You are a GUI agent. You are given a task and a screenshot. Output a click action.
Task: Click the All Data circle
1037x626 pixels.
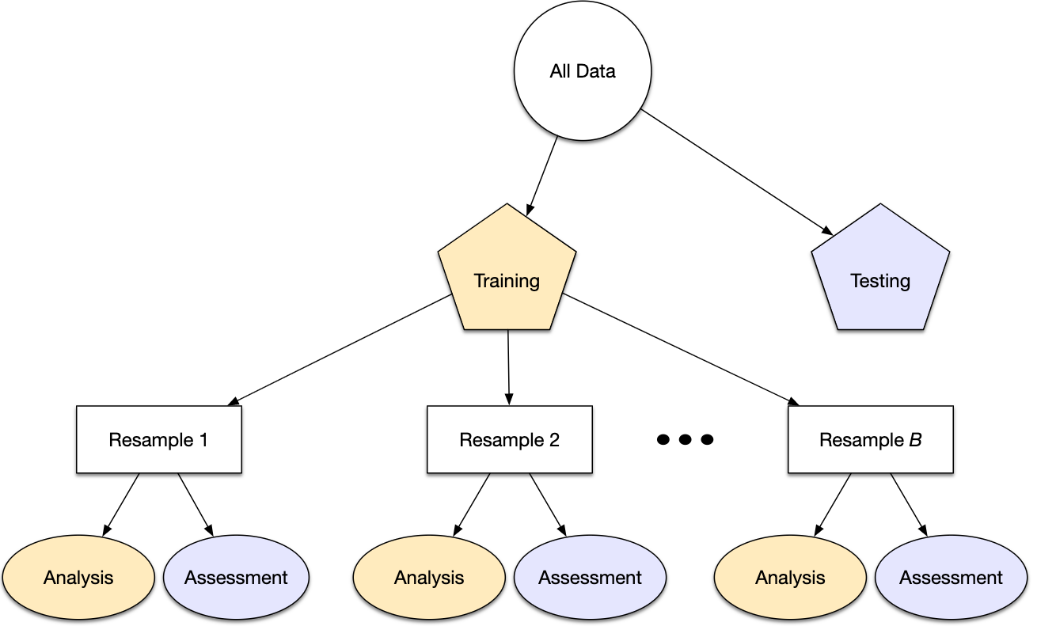pos(583,71)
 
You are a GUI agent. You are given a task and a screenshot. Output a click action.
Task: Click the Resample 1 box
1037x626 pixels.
pos(158,440)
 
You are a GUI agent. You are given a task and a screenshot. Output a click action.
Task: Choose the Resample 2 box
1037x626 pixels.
pos(509,440)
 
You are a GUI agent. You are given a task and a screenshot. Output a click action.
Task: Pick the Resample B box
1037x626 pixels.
pos(870,440)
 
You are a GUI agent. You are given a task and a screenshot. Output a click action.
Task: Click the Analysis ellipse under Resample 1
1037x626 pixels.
pos(78,578)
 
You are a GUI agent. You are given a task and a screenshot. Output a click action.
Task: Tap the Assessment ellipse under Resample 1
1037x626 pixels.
pos(236,578)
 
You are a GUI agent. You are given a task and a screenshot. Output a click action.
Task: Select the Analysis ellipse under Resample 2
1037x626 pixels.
pos(429,578)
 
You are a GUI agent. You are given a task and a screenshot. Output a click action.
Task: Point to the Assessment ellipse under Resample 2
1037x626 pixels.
pos(590,578)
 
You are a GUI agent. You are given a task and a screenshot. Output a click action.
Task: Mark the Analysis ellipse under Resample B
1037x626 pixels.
pos(790,578)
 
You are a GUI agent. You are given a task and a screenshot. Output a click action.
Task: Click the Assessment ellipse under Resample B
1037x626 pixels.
pos(951,578)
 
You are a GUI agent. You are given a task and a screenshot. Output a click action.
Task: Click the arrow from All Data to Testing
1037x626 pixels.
pos(736,173)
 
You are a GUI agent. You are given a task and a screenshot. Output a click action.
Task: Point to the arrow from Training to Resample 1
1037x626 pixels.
pos(340,350)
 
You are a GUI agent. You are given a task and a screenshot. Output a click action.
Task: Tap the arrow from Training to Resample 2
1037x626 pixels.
pos(508,364)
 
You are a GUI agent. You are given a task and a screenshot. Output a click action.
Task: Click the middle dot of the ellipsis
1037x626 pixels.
pos(686,439)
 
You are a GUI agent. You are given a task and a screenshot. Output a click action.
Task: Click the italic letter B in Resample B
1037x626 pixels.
pos(914,440)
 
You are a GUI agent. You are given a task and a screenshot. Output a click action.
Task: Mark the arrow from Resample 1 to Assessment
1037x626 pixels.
pos(196,505)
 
